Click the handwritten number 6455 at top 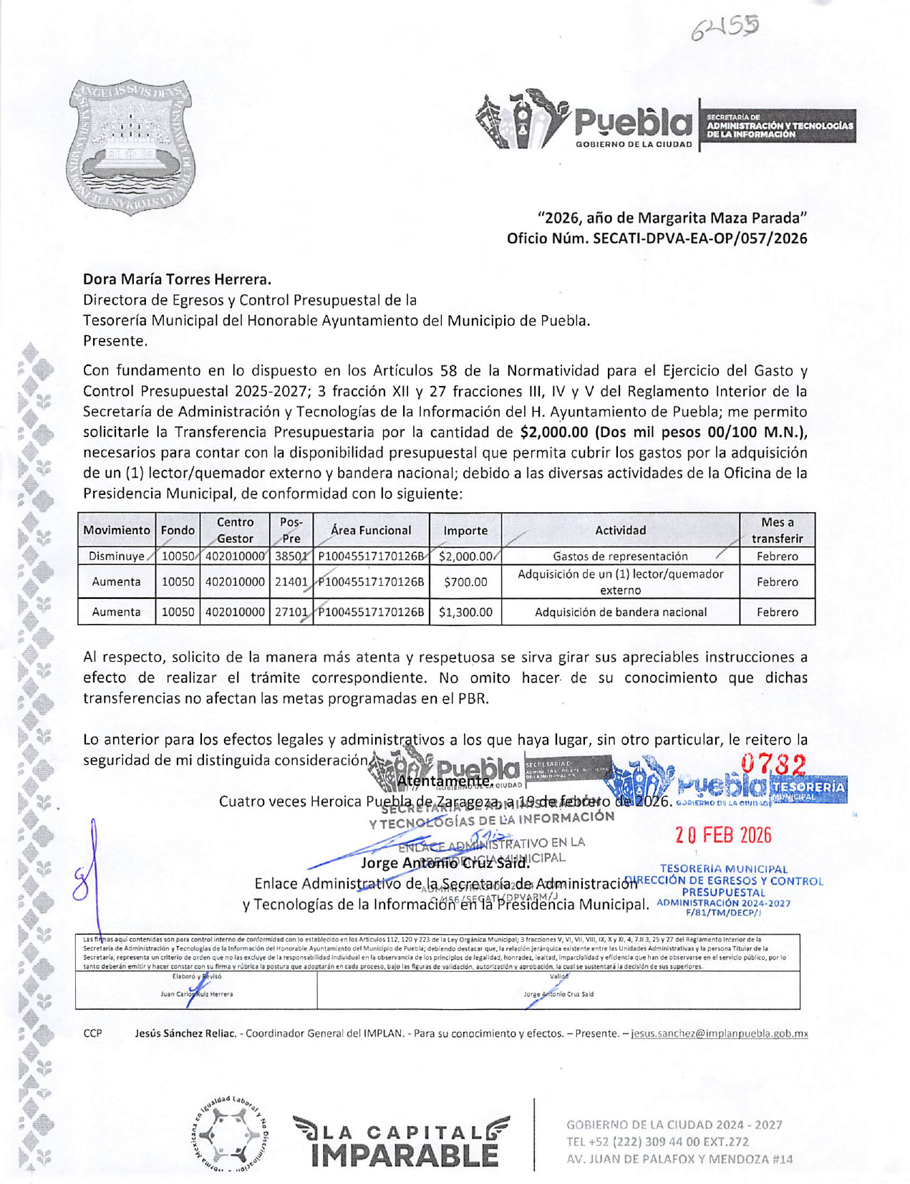pos(725,29)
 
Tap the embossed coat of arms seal pos(132,147)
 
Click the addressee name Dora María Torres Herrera pos(177,279)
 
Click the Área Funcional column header pos(371,531)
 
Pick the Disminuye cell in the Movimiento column pos(117,557)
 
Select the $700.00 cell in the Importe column pos(465,582)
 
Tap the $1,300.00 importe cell pos(465,612)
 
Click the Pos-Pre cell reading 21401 pos(291,582)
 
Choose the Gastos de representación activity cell pos(620,557)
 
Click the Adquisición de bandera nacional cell pos(620,612)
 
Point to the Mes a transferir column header pos(777,531)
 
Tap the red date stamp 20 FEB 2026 pos(724,835)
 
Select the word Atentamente pos(444,781)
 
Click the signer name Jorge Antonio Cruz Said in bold pos(445,863)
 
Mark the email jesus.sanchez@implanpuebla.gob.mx pos(719,1034)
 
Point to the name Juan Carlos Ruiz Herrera pos(197,994)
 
